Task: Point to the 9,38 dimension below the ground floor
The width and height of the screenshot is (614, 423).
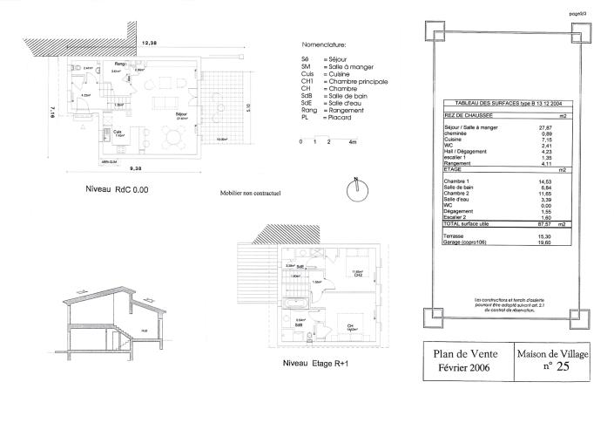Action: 137,169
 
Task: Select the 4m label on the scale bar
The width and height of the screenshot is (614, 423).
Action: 353,141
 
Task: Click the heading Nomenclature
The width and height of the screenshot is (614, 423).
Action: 323,43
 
